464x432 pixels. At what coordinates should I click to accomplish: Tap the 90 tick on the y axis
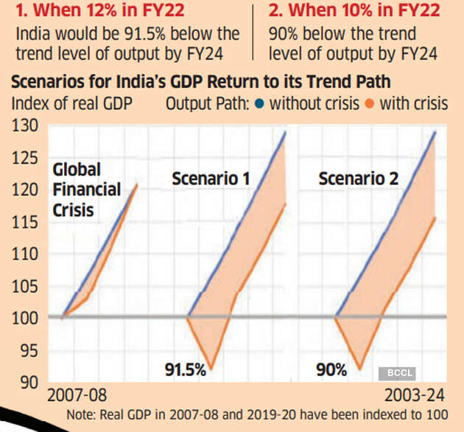click(28, 382)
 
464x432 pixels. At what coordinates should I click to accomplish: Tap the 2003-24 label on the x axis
click(416, 394)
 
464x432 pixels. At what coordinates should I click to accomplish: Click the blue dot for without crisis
click(259, 103)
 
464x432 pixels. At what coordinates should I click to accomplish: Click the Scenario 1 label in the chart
click(211, 178)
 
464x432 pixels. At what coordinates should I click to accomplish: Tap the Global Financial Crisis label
click(86, 189)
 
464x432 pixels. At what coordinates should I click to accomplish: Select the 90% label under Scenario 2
click(331, 369)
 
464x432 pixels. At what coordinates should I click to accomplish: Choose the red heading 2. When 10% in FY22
click(354, 11)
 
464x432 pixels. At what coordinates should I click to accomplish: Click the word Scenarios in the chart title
click(49, 80)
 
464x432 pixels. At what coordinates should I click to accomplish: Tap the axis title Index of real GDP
click(72, 103)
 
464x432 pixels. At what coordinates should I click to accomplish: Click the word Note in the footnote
click(81, 414)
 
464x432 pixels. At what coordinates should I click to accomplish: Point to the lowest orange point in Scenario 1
click(211, 368)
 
